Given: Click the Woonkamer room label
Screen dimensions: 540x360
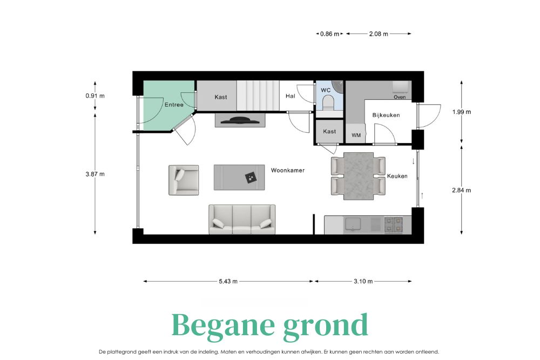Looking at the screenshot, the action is click(x=288, y=171).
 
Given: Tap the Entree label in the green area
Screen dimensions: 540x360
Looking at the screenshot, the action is click(x=174, y=105).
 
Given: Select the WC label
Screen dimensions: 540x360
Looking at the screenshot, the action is click(x=326, y=90).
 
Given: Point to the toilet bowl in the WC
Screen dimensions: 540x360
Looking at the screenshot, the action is click(x=328, y=101).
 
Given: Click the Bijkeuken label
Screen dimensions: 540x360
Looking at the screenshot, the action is click(x=386, y=116).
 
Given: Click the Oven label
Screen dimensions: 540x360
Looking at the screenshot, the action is click(x=400, y=97).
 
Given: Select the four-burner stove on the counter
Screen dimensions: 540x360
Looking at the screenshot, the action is click(x=393, y=225).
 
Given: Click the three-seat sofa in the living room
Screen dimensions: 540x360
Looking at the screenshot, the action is click(x=242, y=220).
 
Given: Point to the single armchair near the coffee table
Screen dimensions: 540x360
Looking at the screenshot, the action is click(x=184, y=180).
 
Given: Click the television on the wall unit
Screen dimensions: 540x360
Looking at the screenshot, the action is click(x=240, y=120).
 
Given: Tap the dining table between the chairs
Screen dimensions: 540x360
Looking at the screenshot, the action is click(x=359, y=176).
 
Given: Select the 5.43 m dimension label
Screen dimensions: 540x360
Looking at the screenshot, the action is click(x=228, y=281).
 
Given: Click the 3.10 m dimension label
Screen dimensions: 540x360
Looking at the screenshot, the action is click(x=363, y=281).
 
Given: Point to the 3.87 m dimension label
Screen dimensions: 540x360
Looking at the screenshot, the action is click(x=95, y=174).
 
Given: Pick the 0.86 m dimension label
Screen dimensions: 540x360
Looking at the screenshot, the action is click(x=329, y=33).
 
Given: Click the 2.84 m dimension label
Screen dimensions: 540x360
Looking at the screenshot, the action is click(x=462, y=190).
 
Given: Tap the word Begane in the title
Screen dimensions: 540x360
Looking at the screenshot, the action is click(x=223, y=325).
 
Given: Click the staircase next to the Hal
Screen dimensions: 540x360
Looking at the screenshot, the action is click(x=258, y=96).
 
